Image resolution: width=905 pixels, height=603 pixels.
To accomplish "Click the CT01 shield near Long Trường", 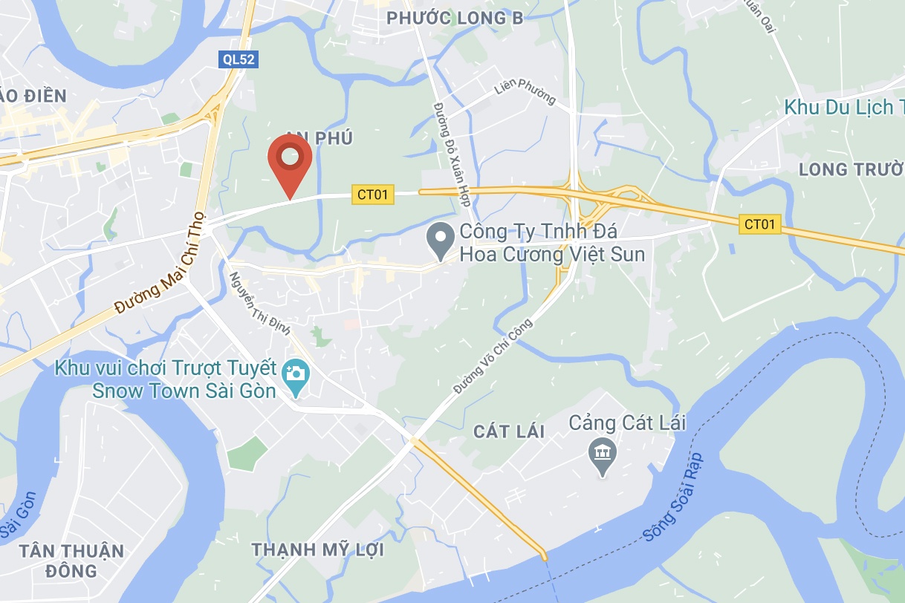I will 760,224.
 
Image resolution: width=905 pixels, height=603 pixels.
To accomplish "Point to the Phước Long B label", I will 455,19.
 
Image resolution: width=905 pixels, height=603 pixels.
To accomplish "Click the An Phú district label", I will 319,137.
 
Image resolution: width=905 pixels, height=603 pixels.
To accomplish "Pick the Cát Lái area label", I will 510,431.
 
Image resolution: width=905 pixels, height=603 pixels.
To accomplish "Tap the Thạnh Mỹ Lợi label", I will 317,550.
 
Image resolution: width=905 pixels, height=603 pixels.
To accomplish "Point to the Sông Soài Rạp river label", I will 673,495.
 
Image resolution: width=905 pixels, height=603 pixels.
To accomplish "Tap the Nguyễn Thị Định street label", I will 259,304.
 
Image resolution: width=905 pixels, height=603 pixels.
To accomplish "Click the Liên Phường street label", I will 525,91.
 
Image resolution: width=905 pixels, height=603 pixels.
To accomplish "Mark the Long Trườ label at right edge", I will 851,169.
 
